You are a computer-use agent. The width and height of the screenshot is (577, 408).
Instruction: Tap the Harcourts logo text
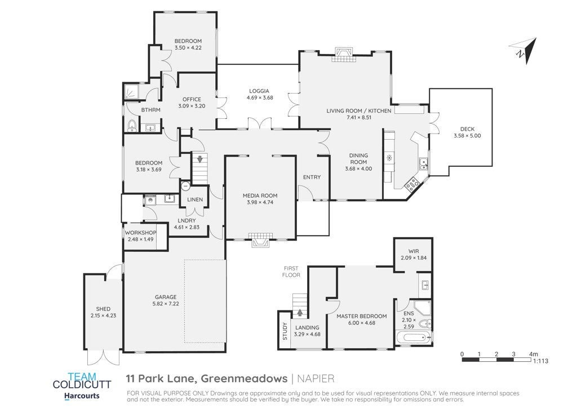82,396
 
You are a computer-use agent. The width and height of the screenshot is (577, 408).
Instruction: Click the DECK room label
467,129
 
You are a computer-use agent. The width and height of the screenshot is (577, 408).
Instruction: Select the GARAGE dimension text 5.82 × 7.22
166,304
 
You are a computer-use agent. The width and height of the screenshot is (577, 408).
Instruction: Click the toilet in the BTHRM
132,126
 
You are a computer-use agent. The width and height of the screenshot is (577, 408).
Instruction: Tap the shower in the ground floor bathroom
130,91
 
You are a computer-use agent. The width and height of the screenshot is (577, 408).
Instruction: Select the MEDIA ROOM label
260,196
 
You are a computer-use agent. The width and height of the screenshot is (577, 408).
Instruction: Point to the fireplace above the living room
343,55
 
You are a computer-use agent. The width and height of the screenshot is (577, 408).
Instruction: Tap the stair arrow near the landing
300,313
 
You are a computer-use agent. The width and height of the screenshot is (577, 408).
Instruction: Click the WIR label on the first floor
414,251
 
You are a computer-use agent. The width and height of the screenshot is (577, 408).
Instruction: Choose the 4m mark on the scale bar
534,354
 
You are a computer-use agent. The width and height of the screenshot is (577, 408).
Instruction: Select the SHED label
103,309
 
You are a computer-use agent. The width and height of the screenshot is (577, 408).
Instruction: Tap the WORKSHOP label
140,233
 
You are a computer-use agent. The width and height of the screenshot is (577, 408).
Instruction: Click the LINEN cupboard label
195,199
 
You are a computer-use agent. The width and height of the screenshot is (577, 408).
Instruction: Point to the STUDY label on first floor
285,331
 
